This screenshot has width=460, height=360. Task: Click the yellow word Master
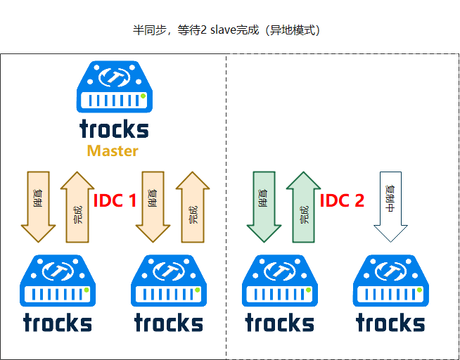pyautogui.click(x=113, y=150)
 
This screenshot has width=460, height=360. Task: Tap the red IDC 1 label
pyautogui.click(x=115, y=201)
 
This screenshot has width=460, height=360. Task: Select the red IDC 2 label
pyautogui.click(x=342, y=201)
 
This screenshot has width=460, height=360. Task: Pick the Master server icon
pyautogui.click(x=114, y=88)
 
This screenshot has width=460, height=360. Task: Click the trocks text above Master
pyautogui.click(x=114, y=129)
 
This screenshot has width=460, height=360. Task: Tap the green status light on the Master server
pyautogui.click(x=143, y=96)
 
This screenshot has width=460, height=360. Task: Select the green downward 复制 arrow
pyautogui.click(x=264, y=205)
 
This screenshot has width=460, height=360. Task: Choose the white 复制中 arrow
pyautogui.click(x=390, y=205)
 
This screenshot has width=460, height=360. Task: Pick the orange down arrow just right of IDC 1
pyautogui.click(x=153, y=205)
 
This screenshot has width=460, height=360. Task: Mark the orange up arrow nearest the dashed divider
pyautogui.click(x=192, y=207)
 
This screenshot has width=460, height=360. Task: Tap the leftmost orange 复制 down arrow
pyautogui.click(x=38, y=205)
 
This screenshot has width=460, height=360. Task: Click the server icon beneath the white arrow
pyautogui.click(x=390, y=281)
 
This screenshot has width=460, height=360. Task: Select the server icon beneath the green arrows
pyautogui.click(x=279, y=281)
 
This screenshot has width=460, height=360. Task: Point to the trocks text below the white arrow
pyautogui.click(x=390, y=323)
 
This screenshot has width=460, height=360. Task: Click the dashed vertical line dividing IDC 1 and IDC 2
pyautogui.click(x=226, y=211)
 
